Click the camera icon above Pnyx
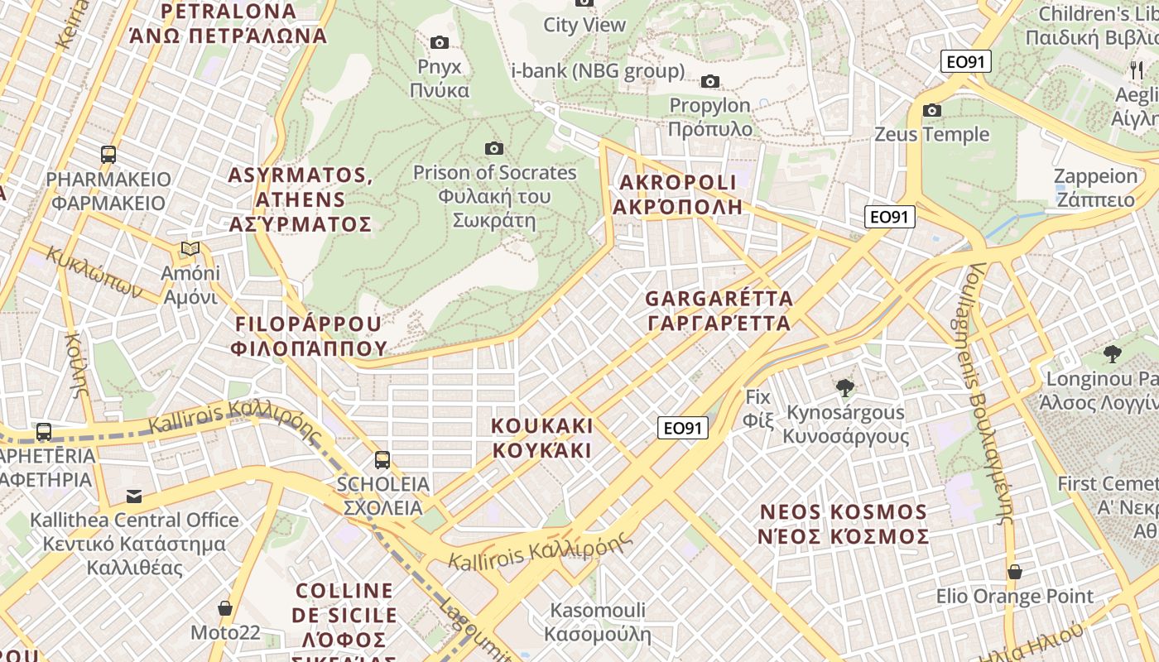440,42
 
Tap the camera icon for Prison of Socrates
494,148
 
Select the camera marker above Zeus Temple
932,110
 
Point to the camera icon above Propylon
710,81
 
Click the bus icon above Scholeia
382,459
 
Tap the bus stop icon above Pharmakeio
108,154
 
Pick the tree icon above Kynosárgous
845,387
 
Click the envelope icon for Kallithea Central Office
134,496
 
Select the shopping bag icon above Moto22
225,608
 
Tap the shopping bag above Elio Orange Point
1015,572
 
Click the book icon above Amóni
190,248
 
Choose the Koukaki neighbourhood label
542,438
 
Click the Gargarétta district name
719,310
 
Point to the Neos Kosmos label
844,524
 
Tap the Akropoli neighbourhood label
677,194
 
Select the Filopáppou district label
310,336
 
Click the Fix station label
758,408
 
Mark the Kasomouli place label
598,622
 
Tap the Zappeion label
1095,188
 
